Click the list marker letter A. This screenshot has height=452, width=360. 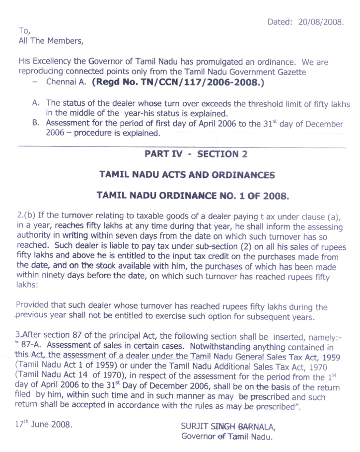coord(36,103)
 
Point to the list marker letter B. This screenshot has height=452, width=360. coord(36,124)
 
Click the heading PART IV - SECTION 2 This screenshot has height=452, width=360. coord(196,154)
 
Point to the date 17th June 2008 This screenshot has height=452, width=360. coord(44,425)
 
